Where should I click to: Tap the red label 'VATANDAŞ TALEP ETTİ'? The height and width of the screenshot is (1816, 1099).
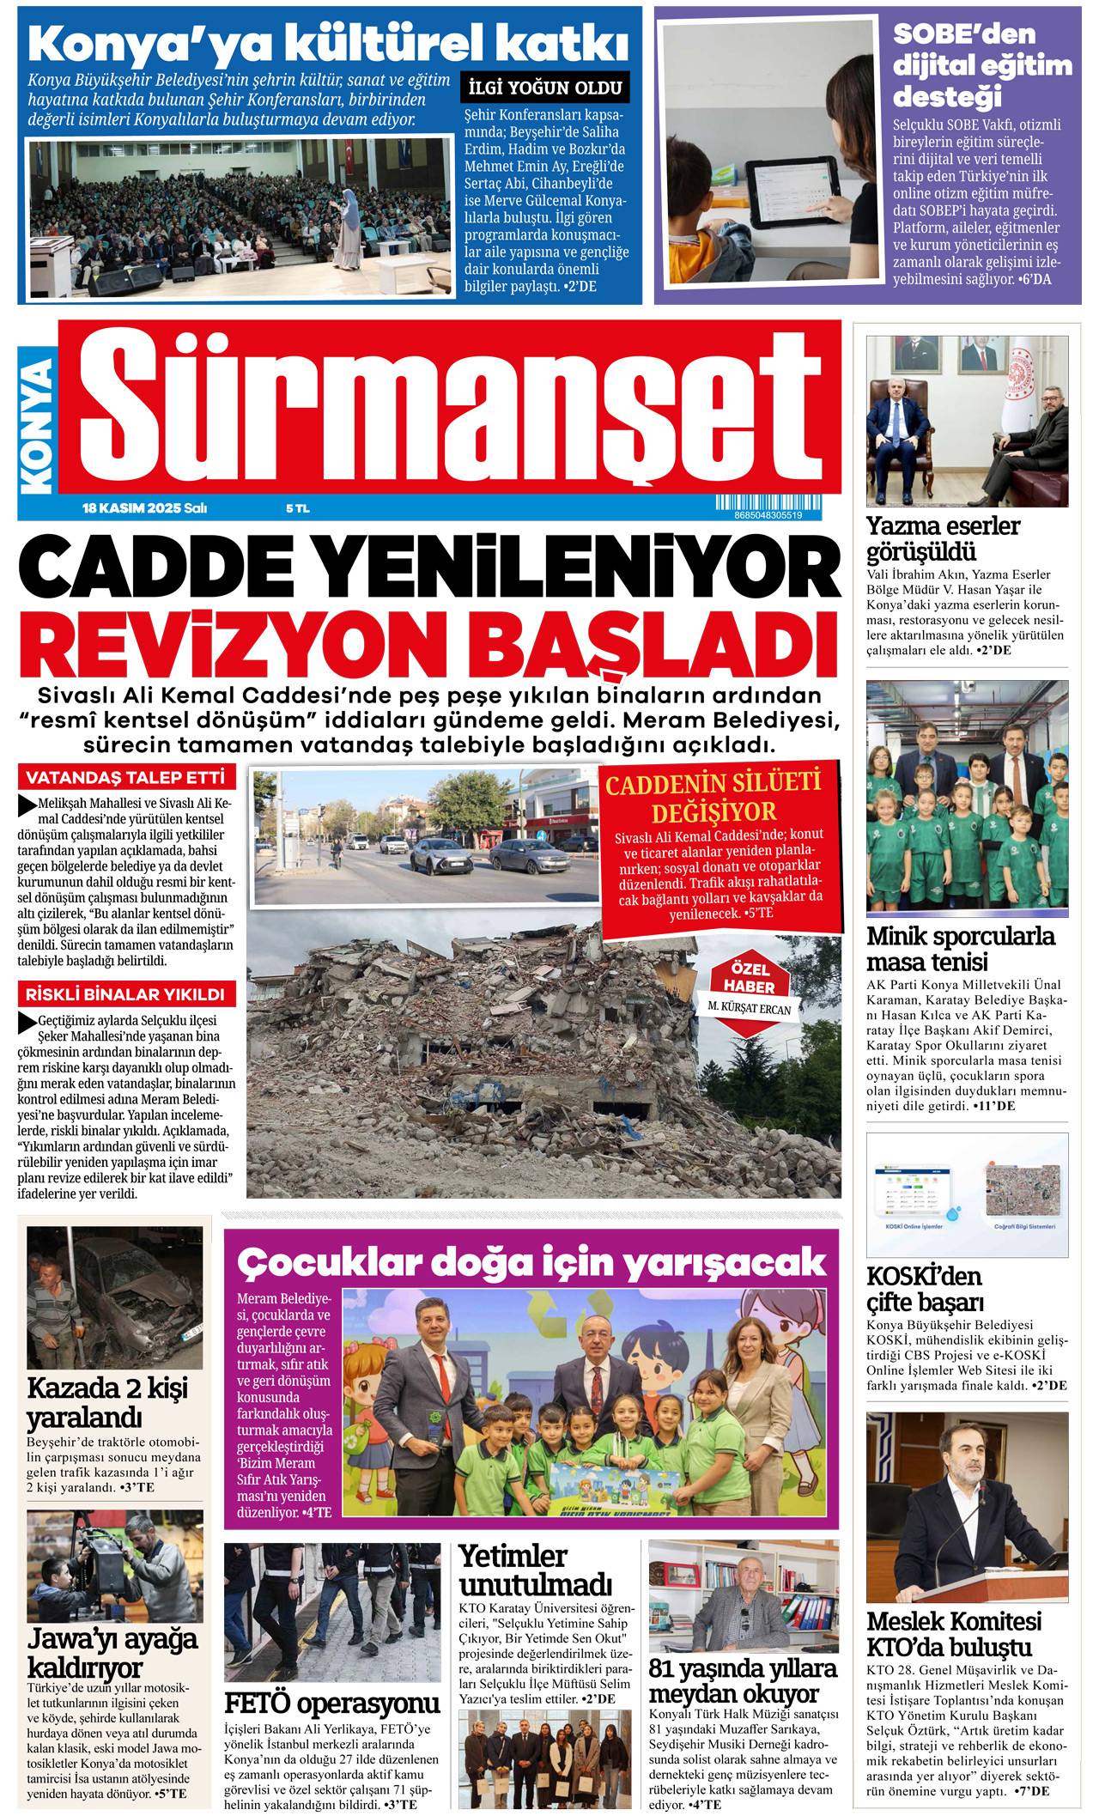coord(125,778)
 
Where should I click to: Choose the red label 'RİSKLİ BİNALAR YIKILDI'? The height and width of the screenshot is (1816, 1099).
coord(125,994)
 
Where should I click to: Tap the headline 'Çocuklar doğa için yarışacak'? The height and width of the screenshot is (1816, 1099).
coord(531,1262)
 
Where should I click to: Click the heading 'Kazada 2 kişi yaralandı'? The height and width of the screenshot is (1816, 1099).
coord(107,1401)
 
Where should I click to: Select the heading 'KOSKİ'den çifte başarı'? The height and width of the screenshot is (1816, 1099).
coord(925,1288)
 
